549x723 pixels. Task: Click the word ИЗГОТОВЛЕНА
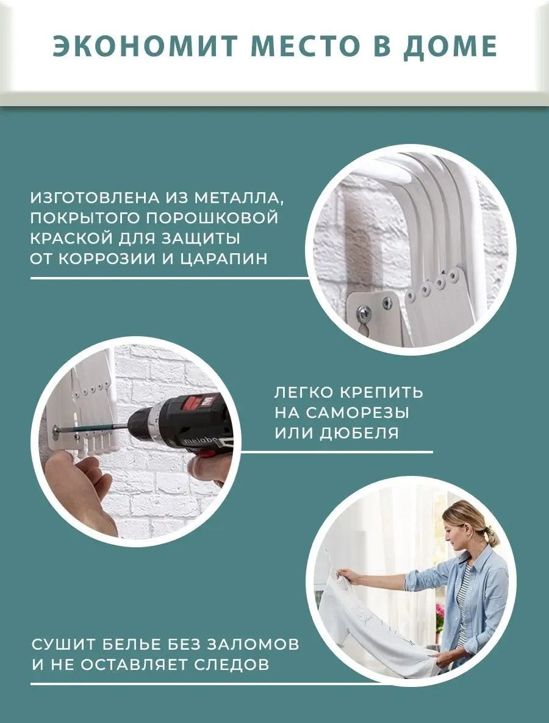pos(95,198)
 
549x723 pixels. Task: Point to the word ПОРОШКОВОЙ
pos(212,218)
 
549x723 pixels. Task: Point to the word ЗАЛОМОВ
pos(253,644)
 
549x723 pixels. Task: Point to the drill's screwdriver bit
pos(92,429)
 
